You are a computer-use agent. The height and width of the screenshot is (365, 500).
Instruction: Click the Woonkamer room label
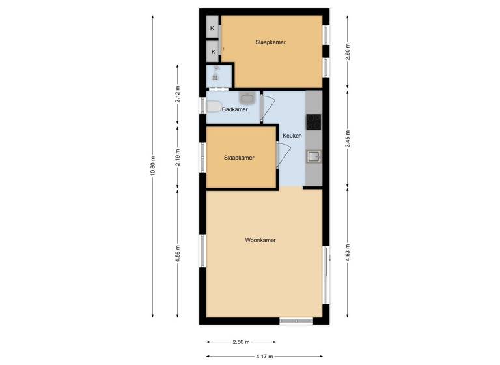(x=260, y=241)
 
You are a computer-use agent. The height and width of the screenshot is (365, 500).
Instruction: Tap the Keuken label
(x=292, y=136)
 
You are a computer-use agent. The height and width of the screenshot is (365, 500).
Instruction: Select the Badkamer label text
(x=234, y=109)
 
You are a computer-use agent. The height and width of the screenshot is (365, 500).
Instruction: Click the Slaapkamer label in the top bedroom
(x=270, y=42)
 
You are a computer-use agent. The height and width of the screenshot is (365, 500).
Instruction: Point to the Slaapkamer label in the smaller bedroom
(x=239, y=158)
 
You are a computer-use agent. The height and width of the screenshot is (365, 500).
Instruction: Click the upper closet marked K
(x=213, y=28)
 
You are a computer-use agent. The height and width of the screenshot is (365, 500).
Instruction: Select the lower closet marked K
(x=213, y=51)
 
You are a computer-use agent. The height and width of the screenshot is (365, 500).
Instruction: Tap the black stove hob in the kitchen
(x=314, y=121)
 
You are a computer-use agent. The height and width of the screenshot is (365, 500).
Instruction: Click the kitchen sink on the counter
(x=314, y=156)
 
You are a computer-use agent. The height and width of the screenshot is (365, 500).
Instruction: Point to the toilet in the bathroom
(x=214, y=108)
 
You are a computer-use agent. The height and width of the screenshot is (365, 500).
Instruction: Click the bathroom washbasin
(x=247, y=98)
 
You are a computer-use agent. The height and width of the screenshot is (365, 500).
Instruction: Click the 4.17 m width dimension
(x=264, y=357)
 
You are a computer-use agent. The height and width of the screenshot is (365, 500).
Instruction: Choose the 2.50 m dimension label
(x=240, y=342)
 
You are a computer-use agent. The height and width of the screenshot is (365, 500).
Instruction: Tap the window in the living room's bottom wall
(x=297, y=321)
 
